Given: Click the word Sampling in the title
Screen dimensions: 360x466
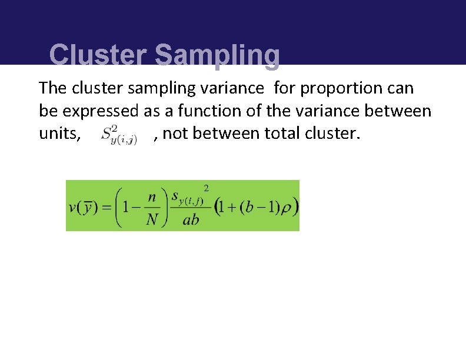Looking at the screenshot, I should coord(217,55).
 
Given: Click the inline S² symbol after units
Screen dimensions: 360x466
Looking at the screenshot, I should coord(119,135).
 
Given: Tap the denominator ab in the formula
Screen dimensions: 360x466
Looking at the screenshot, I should coord(191,220).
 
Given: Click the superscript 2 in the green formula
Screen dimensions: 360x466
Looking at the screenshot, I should coord(206,188).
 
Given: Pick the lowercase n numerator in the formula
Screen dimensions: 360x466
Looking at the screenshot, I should coord(151,196).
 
